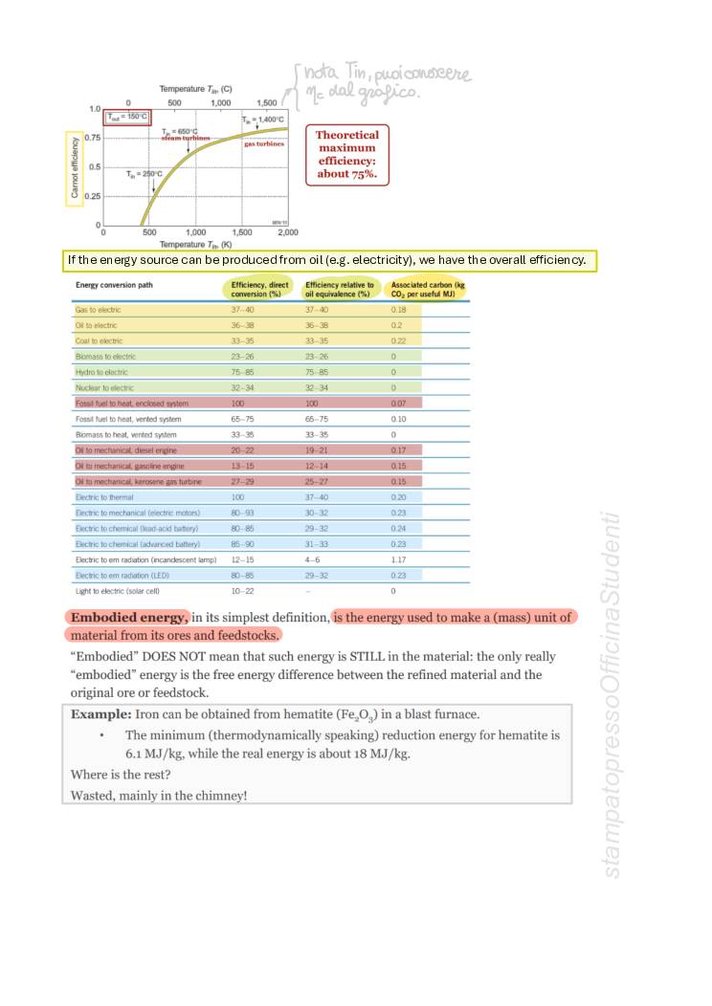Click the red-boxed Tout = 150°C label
click(x=127, y=117)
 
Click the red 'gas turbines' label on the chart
click(x=264, y=143)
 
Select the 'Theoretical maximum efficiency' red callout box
click(x=347, y=155)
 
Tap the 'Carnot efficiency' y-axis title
click(x=74, y=168)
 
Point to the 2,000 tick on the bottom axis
click(x=287, y=232)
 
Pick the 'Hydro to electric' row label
click(x=104, y=372)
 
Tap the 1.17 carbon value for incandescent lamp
click(x=398, y=559)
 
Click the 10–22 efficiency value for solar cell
click(x=242, y=591)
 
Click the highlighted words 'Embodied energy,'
click(x=129, y=617)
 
